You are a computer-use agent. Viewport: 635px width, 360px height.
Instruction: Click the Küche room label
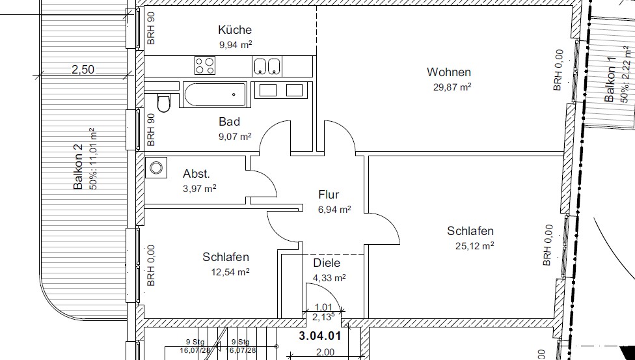pyautogui.click(x=235, y=29)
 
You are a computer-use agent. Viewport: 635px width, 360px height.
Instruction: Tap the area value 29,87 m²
pyautogui.click(x=452, y=87)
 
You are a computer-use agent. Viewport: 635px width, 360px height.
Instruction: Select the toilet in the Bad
pyautogui.click(x=164, y=103)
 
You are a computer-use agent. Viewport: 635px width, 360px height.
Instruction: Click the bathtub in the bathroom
pyautogui.click(x=215, y=95)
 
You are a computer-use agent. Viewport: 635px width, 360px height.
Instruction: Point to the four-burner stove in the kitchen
pyautogui.click(x=205, y=66)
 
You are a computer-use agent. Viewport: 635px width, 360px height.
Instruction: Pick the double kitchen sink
pyautogui.click(x=267, y=66)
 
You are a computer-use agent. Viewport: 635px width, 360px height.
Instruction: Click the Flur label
pyautogui.click(x=329, y=195)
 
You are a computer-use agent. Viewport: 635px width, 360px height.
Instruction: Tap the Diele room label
pyautogui.click(x=327, y=263)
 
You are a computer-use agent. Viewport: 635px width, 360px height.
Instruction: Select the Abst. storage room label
pyautogui.click(x=196, y=174)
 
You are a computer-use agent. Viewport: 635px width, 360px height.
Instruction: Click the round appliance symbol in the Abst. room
pyautogui.click(x=156, y=167)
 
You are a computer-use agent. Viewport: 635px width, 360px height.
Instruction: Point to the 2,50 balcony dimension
pyautogui.click(x=83, y=69)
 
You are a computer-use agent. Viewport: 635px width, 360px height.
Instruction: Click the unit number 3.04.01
pyautogui.click(x=320, y=336)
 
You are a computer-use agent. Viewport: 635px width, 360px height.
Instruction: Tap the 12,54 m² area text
pyautogui.click(x=230, y=272)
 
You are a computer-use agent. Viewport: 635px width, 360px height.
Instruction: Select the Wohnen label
pyautogui.click(x=449, y=72)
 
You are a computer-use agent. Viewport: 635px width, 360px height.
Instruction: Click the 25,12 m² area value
pyautogui.click(x=475, y=246)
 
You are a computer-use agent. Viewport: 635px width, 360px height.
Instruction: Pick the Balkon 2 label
pyautogui.click(x=78, y=167)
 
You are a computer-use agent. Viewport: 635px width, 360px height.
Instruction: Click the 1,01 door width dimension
pyautogui.click(x=323, y=307)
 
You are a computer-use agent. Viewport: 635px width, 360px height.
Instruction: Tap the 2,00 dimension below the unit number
pyautogui.click(x=325, y=352)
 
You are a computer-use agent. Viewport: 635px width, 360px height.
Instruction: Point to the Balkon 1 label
pyautogui.click(x=610, y=79)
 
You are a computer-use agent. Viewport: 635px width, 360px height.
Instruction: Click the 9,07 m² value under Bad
pyautogui.click(x=235, y=137)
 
